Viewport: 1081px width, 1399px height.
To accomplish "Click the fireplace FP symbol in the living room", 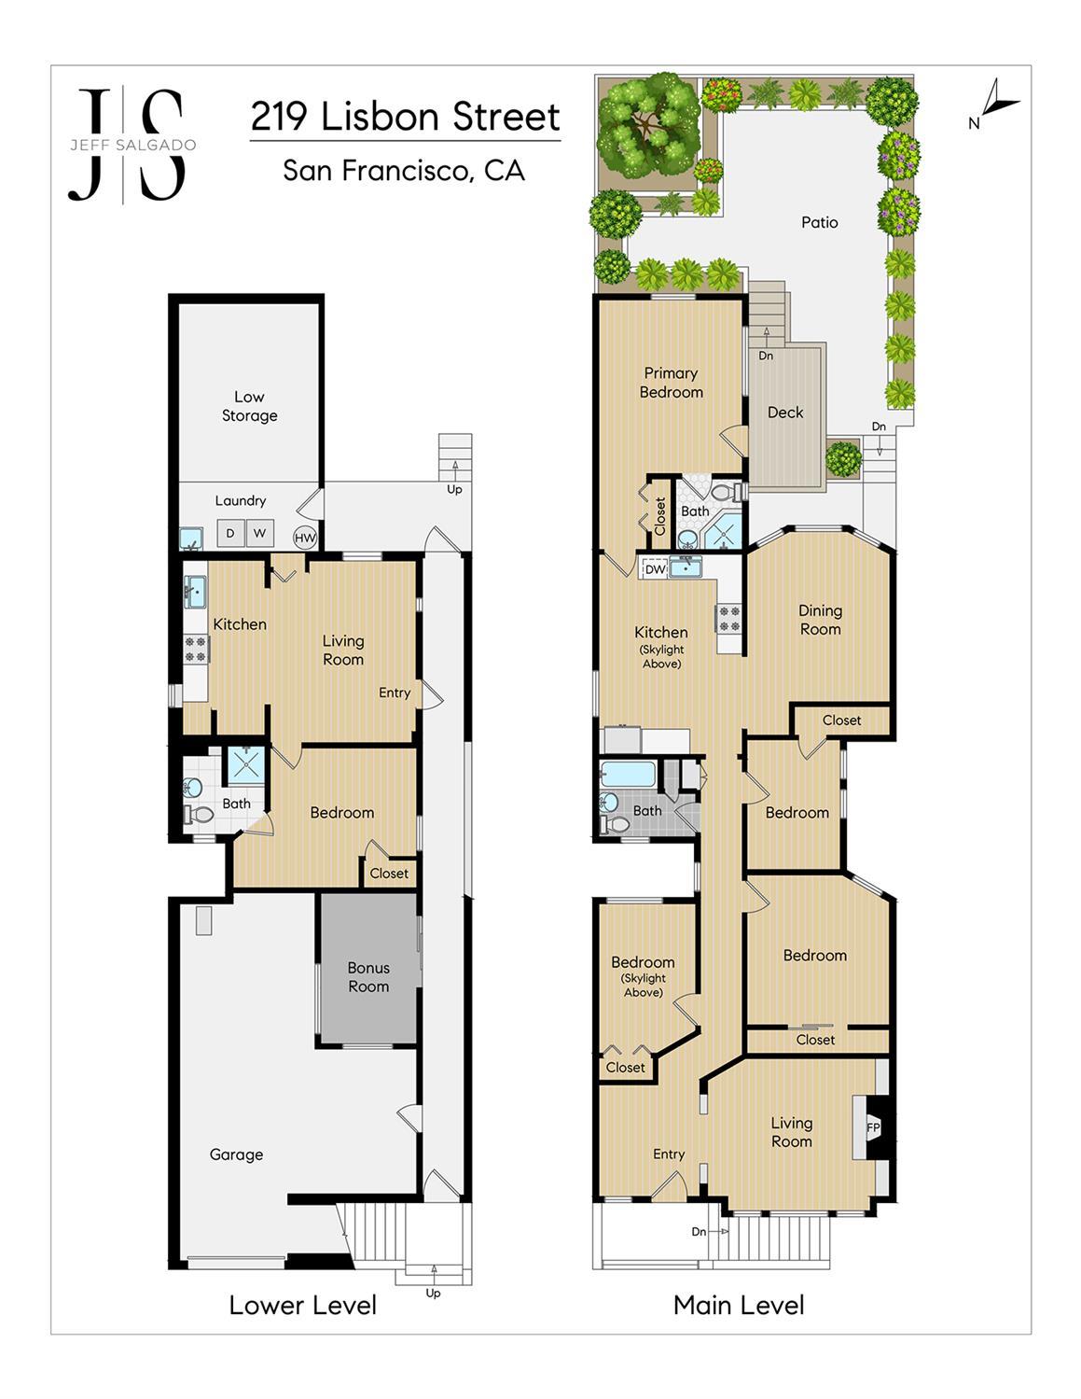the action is (x=873, y=1127).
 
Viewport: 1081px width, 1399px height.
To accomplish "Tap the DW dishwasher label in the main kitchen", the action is (x=655, y=569).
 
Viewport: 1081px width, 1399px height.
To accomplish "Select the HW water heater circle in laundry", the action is (x=305, y=538).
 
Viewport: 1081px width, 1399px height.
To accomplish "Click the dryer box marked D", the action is (x=230, y=533).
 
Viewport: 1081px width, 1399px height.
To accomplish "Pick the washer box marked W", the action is (x=260, y=533).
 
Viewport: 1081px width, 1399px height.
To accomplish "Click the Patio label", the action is (x=819, y=222).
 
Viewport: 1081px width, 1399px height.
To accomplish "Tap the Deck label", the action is (x=785, y=412).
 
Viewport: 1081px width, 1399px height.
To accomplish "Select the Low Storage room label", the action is (x=249, y=406).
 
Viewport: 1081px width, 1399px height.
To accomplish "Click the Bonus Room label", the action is (x=368, y=976).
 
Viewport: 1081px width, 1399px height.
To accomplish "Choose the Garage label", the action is (x=236, y=1154).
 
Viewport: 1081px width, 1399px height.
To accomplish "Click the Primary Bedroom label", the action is (x=672, y=383).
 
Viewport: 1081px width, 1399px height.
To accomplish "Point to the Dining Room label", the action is (x=821, y=620).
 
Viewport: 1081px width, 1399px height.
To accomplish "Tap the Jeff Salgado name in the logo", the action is (x=133, y=145).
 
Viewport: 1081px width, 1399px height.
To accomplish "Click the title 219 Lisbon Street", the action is (x=406, y=117).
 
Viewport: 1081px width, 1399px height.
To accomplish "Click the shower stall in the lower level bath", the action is (x=246, y=765).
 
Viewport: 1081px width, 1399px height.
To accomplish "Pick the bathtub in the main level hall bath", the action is (x=628, y=774).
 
